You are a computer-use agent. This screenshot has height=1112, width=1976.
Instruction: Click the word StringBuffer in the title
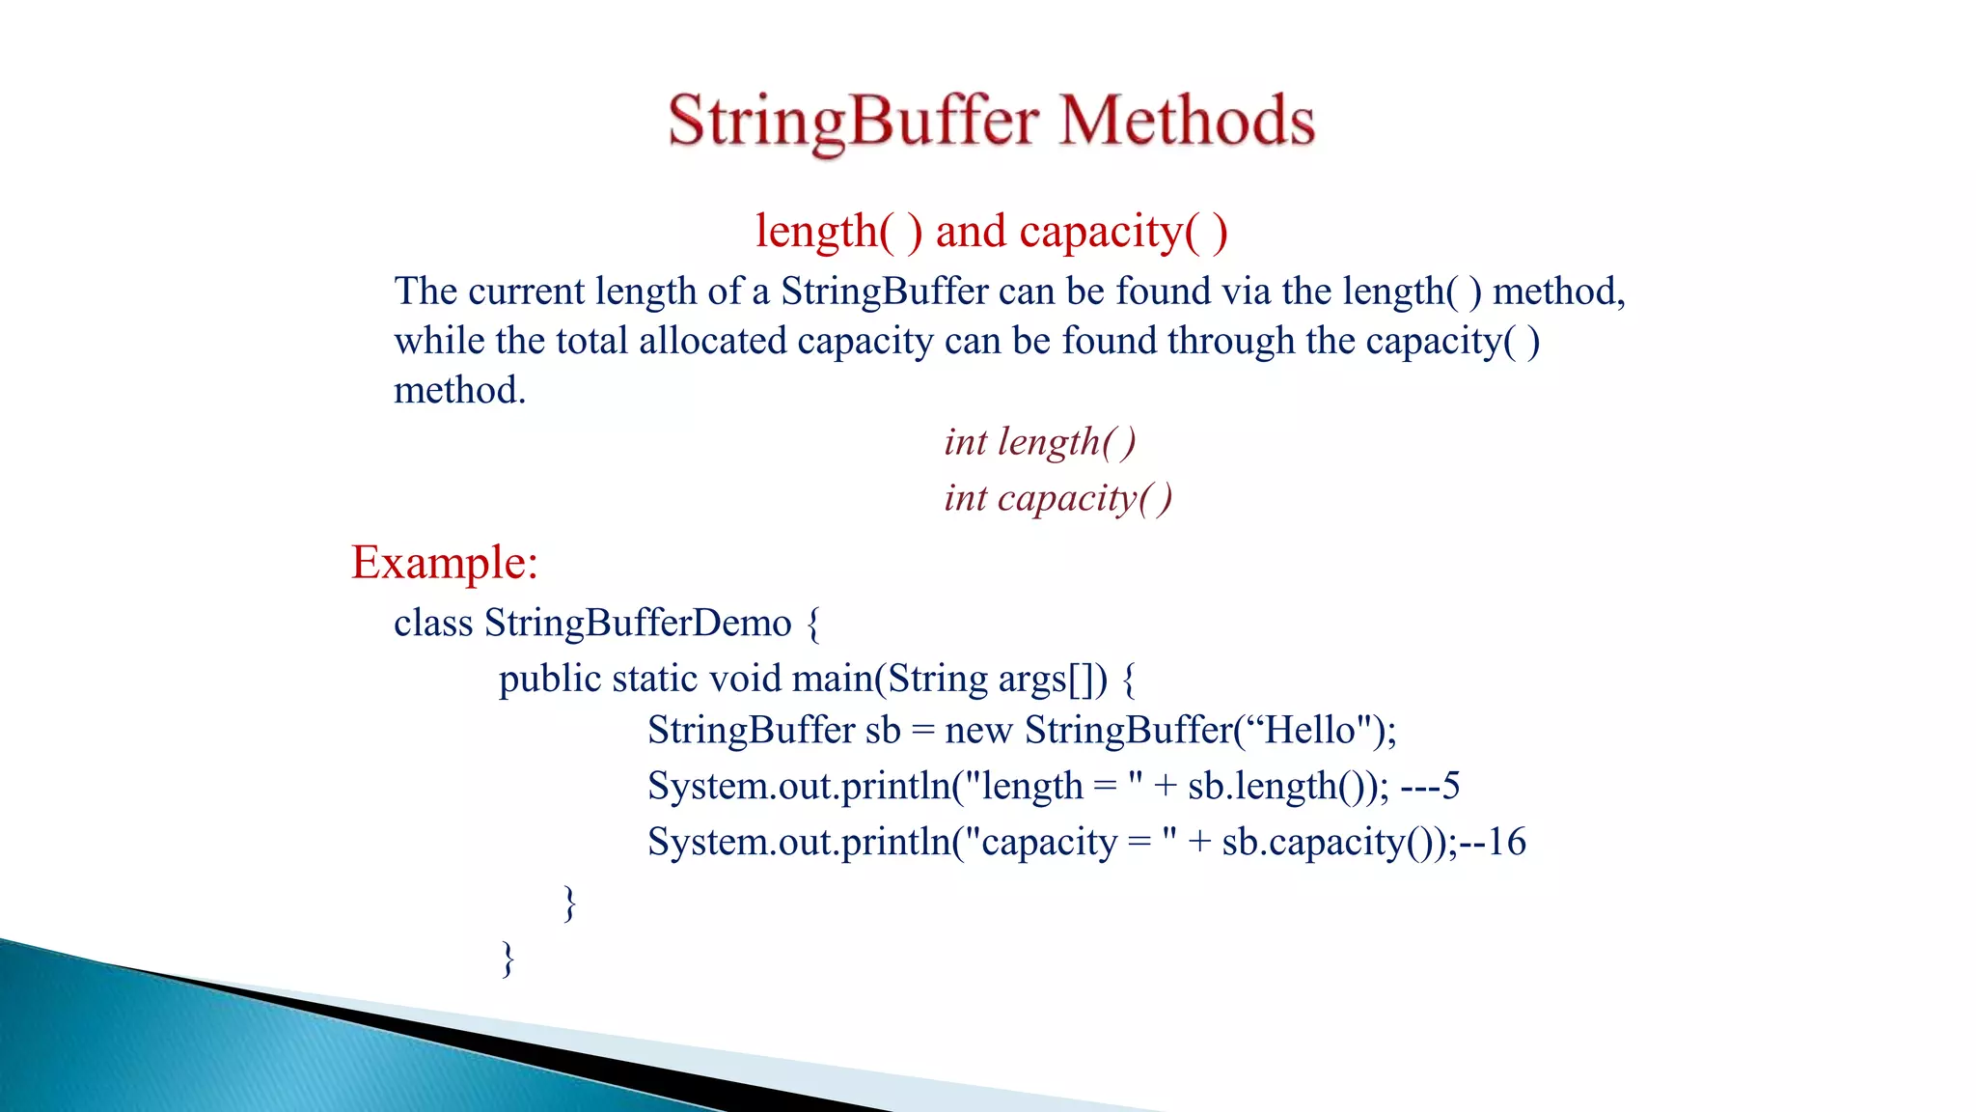click(x=853, y=122)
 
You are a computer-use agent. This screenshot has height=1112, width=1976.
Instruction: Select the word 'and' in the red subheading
click(x=971, y=232)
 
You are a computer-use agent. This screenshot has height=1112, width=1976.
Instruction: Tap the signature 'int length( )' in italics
click(x=1040, y=442)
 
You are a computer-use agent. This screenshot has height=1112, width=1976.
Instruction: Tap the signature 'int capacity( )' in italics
click(x=1058, y=498)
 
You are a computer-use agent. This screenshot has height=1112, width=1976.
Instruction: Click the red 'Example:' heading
click(x=444, y=563)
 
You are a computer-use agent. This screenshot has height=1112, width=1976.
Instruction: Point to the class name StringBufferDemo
click(x=638, y=623)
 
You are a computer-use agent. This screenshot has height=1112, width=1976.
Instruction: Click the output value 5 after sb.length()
click(x=1450, y=786)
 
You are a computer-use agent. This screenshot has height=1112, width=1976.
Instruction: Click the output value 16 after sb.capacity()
click(x=1506, y=842)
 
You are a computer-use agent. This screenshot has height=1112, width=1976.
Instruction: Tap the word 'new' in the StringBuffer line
click(x=978, y=731)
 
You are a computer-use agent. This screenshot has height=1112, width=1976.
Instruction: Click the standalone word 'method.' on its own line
click(x=459, y=391)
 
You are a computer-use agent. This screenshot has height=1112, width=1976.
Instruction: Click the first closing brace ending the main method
click(x=569, y=903)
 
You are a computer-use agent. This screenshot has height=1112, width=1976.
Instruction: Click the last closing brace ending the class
click(x=508, y=959)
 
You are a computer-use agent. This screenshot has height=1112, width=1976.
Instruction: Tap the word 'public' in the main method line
click(x=550, y=680)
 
